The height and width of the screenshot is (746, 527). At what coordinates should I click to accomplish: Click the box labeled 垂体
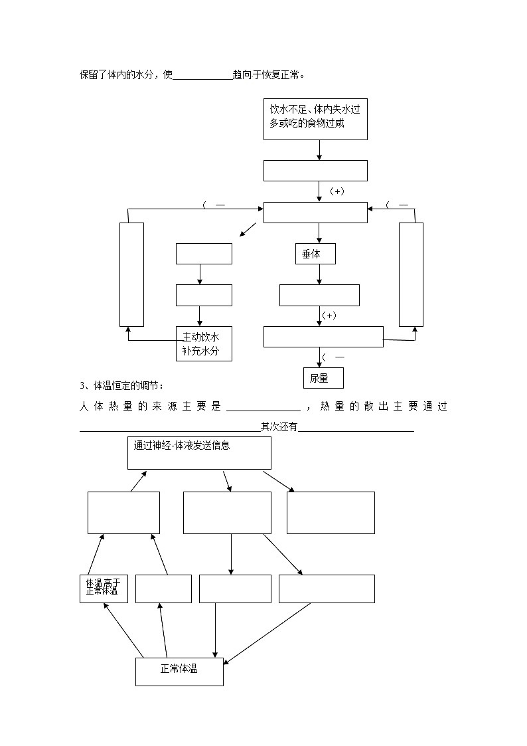point(315,254)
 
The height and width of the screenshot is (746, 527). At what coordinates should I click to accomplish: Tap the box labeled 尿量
point(323,378)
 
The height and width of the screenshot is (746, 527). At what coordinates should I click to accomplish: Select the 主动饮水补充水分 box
point(204,343)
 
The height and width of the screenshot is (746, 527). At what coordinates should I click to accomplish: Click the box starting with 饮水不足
point(315,119)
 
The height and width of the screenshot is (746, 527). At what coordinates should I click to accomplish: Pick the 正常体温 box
point(179,672)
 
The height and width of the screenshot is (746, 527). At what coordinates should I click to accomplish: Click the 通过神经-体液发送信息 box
point(199,453)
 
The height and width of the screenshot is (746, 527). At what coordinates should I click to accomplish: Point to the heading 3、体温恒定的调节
point(121,386)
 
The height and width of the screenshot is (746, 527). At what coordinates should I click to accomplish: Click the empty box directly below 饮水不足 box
point(315,170)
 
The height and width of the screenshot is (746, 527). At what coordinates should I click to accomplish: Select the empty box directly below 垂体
point(319,295)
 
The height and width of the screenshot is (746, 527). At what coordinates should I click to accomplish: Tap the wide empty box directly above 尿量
point(323,336)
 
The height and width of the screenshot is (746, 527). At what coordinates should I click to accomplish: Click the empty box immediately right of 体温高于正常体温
point(163,589)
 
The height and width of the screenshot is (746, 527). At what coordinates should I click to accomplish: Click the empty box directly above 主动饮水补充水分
point(204,295)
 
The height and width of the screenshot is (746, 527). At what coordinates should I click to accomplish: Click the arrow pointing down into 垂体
point(319,233)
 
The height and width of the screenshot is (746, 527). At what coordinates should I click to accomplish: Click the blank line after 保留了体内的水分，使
point(202,76)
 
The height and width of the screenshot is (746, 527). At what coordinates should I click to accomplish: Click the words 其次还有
point(279,427)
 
